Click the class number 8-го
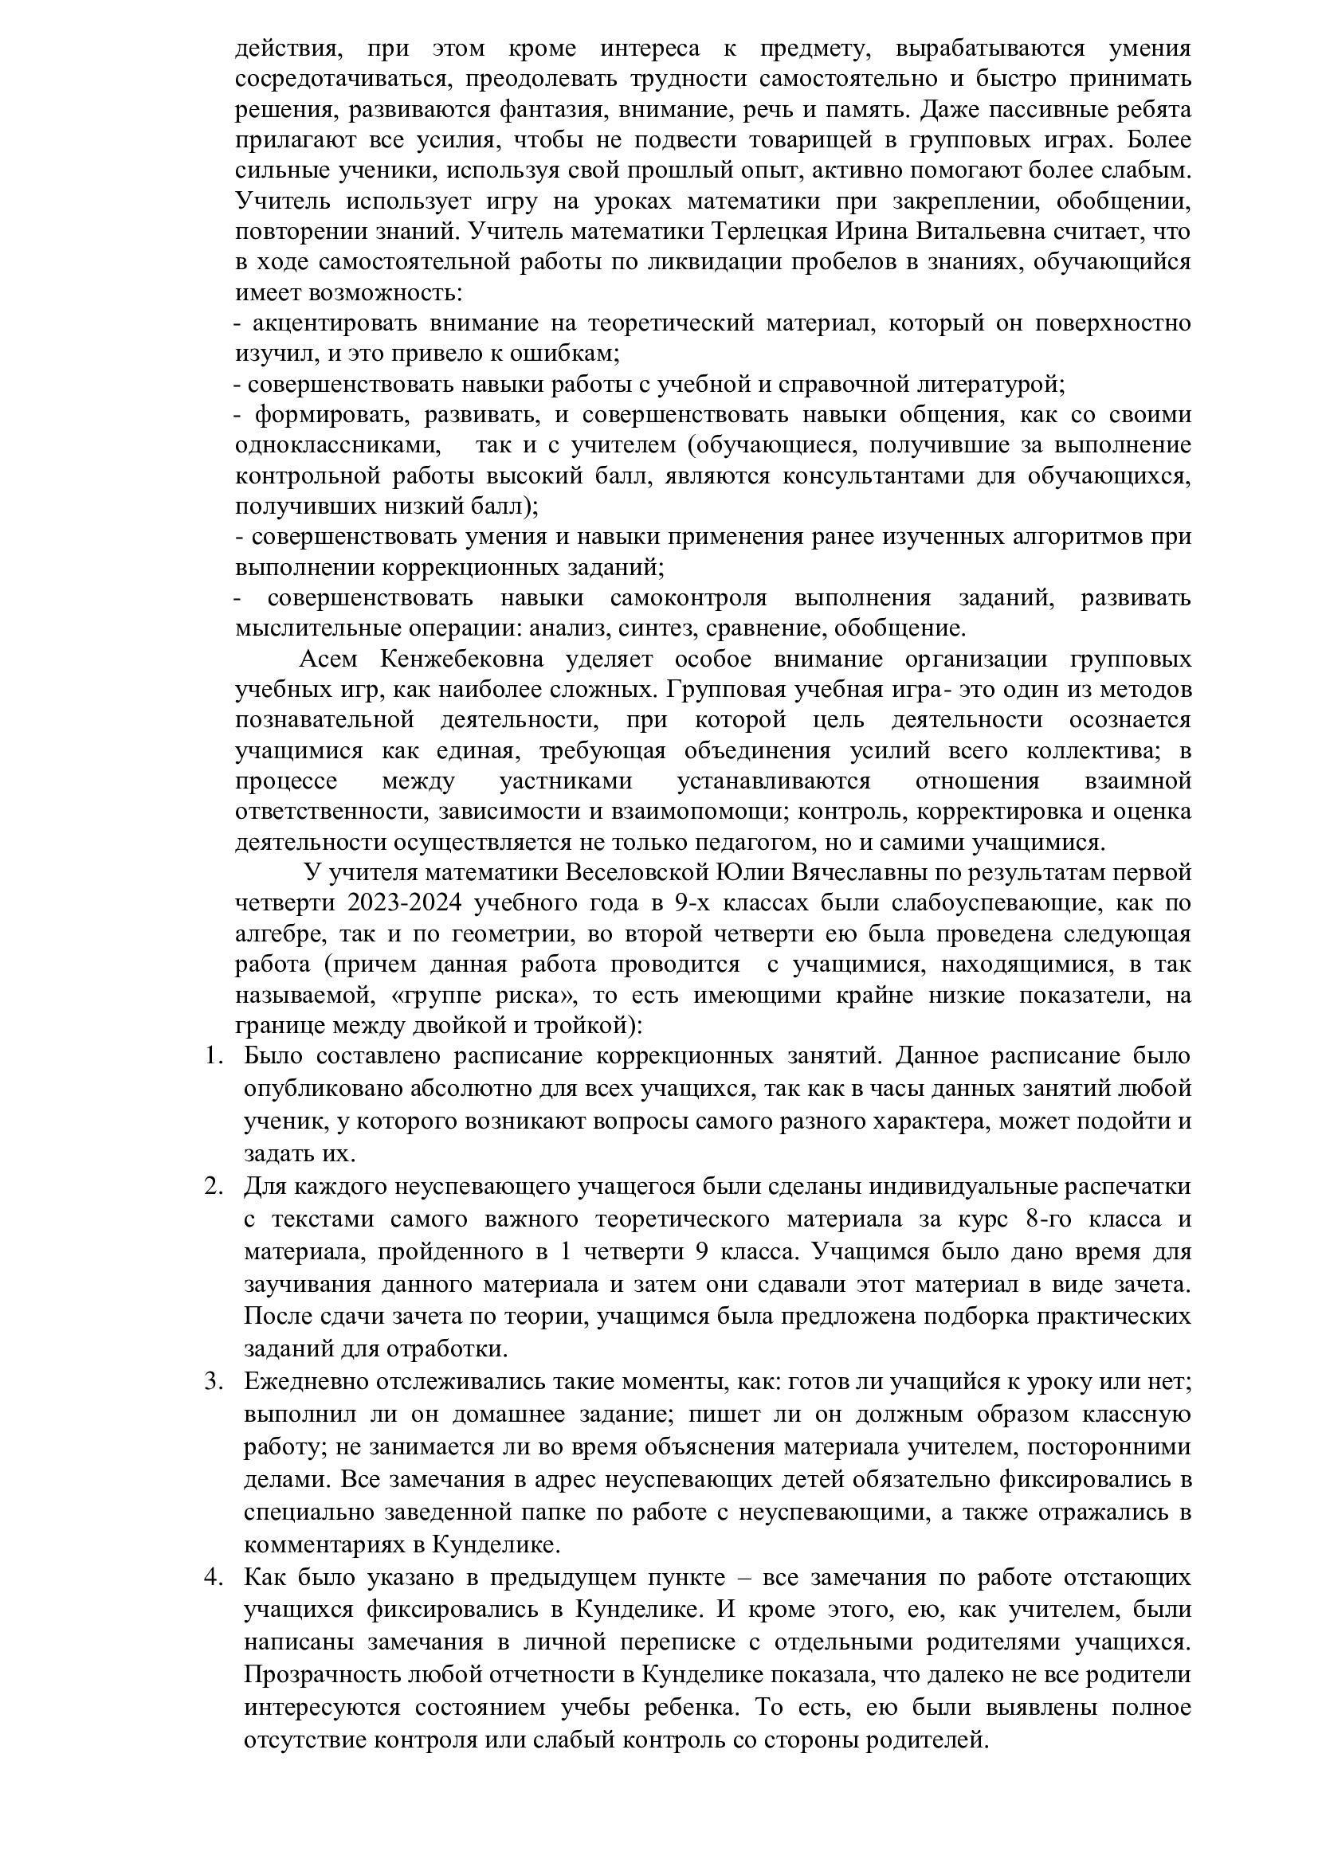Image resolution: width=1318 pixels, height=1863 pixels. [x=1053, y=1219]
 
